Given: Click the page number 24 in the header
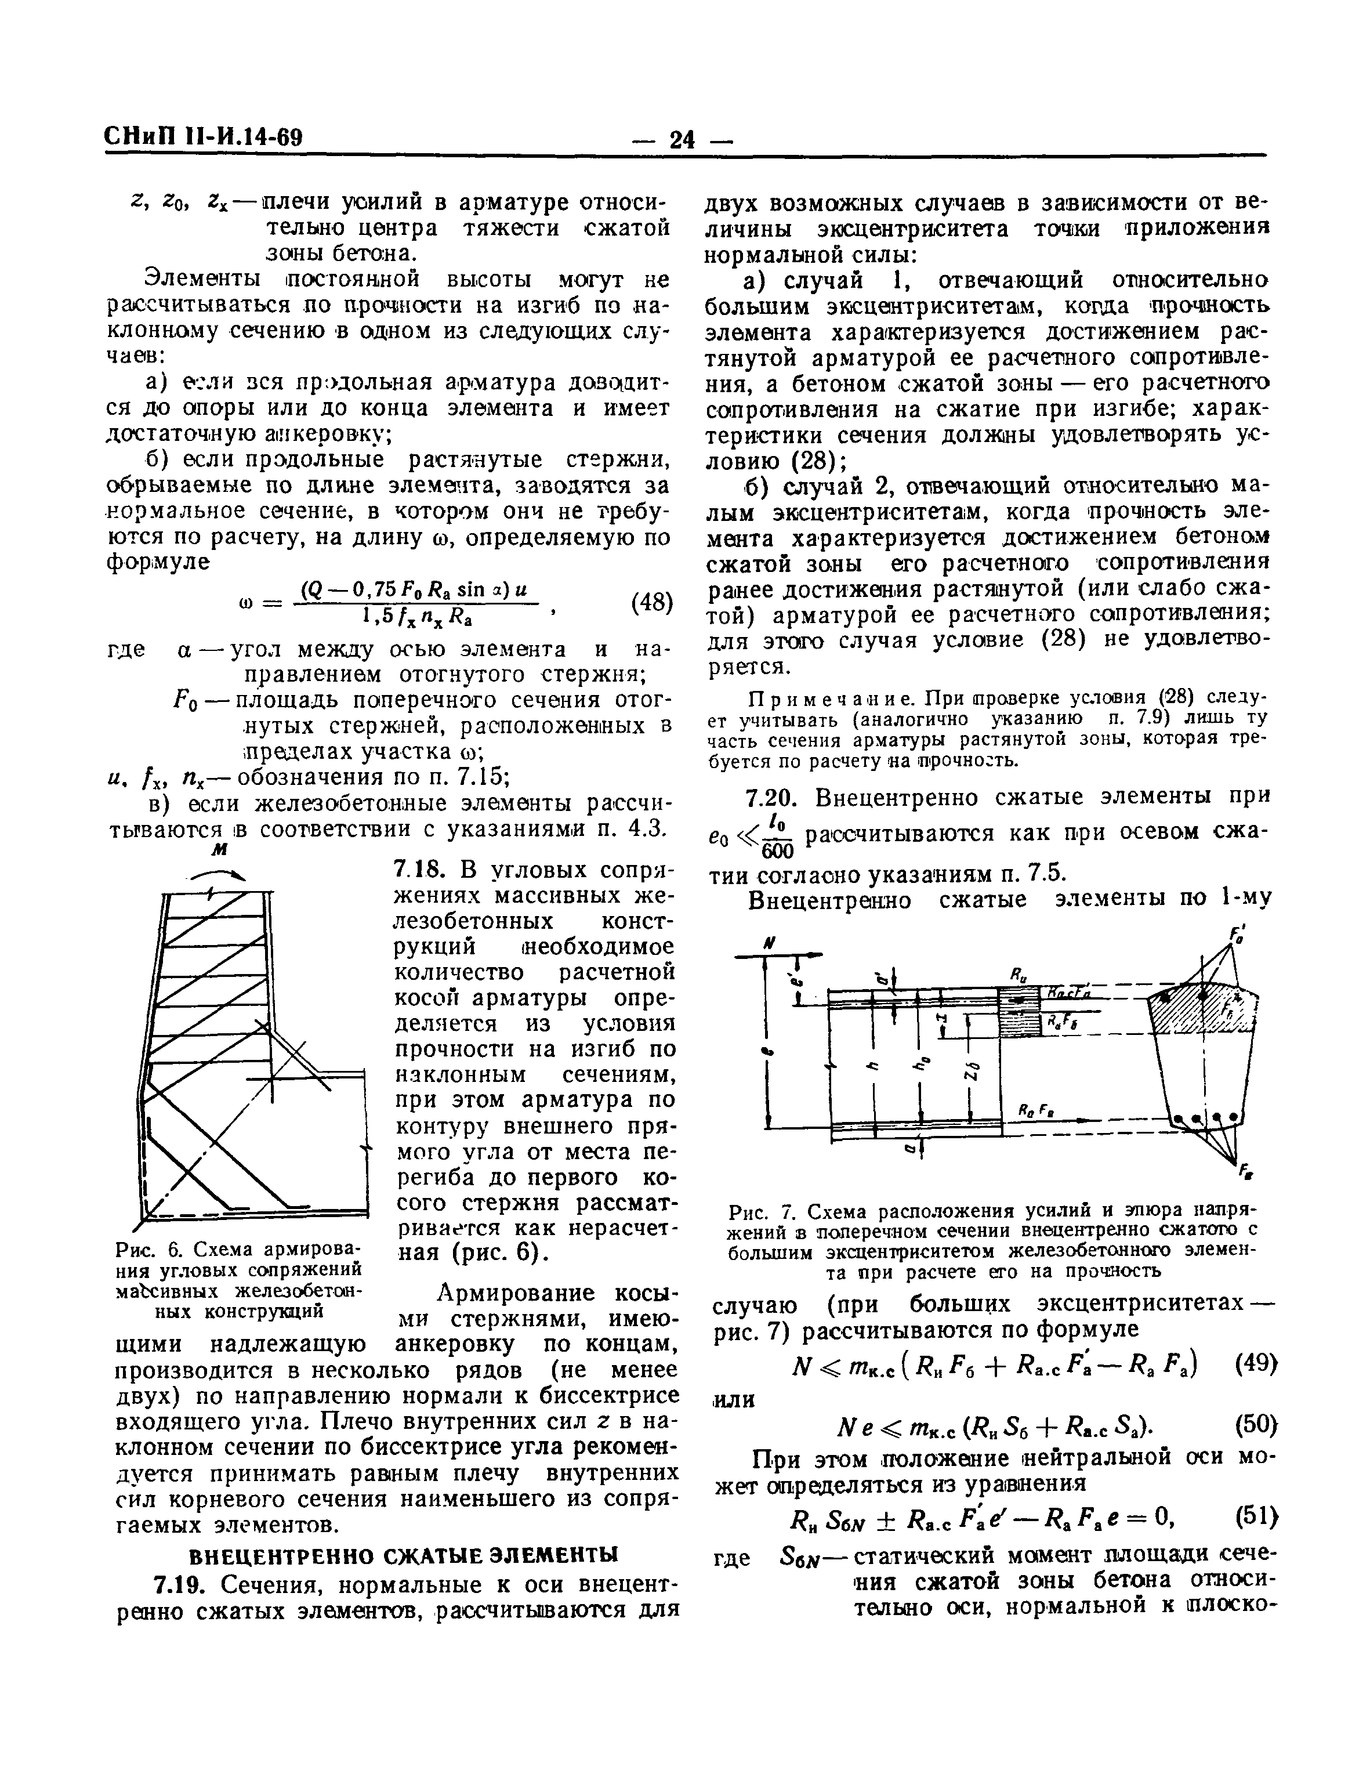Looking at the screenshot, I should pos(682,139).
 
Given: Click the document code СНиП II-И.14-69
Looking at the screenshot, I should pos(203,136).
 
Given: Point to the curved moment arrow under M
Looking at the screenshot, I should pos(217,872).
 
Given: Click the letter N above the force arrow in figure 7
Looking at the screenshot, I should pos(767,943).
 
